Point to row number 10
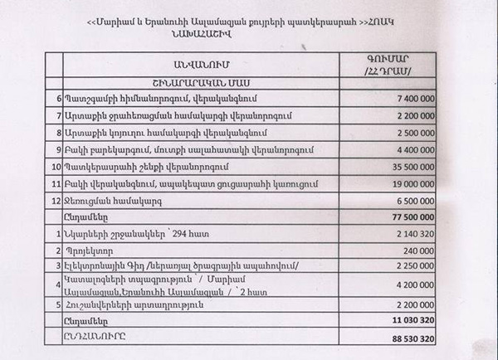click(x=56, y=166)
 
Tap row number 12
click(x=56, y=200)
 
